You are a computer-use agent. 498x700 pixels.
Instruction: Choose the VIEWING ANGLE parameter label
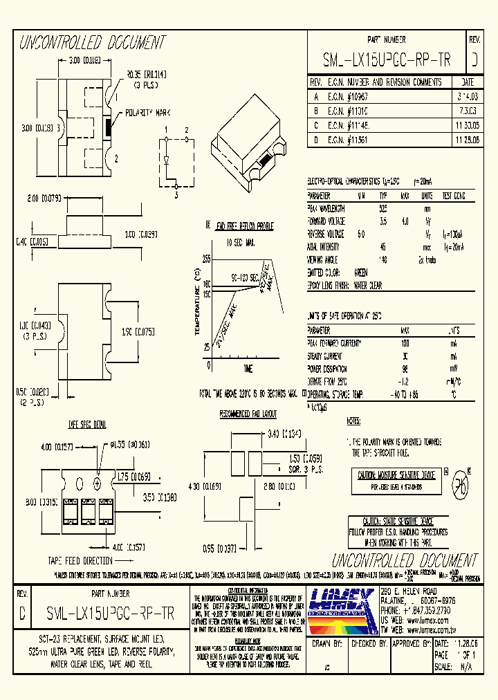click(x=325, y=259)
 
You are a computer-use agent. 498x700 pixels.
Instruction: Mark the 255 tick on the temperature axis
click(x=206, y=258)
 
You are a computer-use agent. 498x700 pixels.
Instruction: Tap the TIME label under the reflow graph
click(x=248, y=367)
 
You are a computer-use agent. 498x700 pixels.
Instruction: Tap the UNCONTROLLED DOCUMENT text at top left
click(x=92, y=44)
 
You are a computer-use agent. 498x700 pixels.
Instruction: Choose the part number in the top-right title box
click(x=387, y=61)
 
